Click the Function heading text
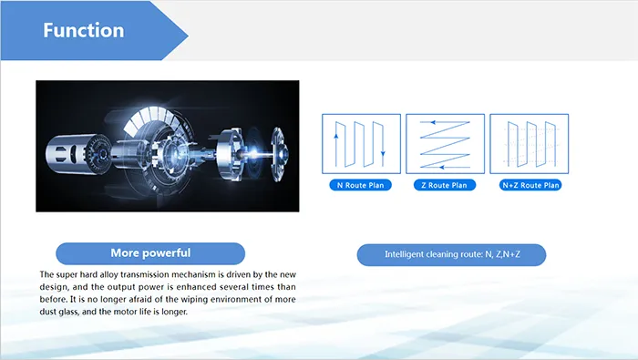click(83, 31)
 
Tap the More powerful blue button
click(150, 253)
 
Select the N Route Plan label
click(361, 185)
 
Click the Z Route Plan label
click(445, 185)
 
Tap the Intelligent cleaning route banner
click(451, 254)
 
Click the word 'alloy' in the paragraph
click(115, 274)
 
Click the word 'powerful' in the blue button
click(168, 253)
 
